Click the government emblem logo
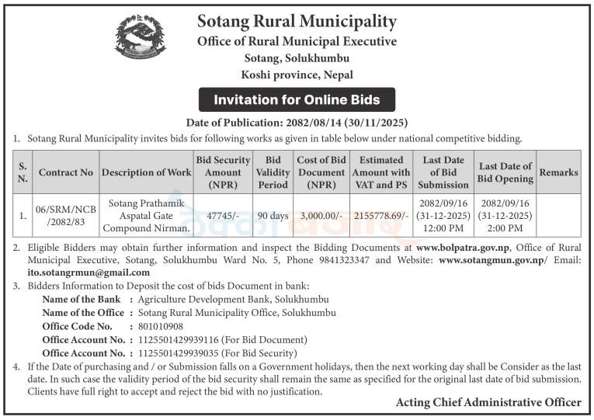tap(141, 36)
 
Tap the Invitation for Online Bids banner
tap(297, 99)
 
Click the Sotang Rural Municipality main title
tap(297, 21)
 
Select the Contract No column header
tap(66, 172)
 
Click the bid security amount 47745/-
tap(223, 216)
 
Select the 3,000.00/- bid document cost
tap(321, 216)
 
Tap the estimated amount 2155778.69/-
tap(380, 216)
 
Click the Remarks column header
tap(558, 172)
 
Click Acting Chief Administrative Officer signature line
tap(488, 402)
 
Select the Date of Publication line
tap(297, 123)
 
